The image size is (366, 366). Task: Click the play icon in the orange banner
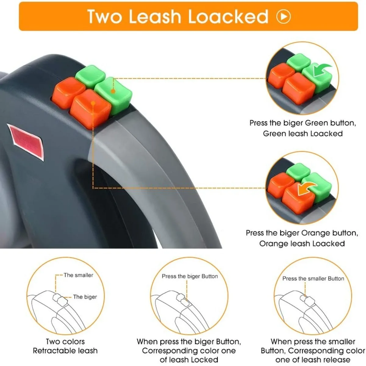[284, 16]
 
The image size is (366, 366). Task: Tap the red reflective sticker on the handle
[26, 141]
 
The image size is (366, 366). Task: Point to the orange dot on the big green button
[113, 91]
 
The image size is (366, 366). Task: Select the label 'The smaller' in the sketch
[78, 275]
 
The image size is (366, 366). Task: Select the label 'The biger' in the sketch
[85, 297]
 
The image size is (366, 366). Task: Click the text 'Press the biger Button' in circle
[190, 276]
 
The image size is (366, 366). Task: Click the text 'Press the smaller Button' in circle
[313, 278]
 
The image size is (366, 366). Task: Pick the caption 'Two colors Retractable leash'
[65, 346]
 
